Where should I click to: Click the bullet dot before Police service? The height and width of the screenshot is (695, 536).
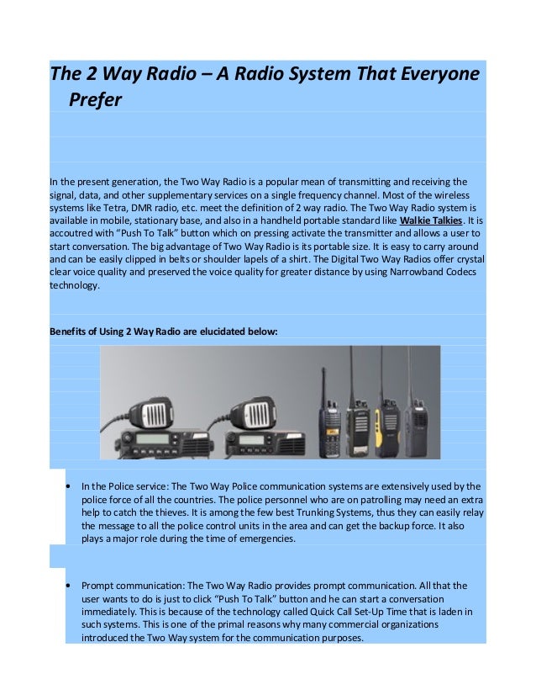point(66,486)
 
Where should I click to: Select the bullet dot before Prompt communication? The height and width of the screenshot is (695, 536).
point(66,584)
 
